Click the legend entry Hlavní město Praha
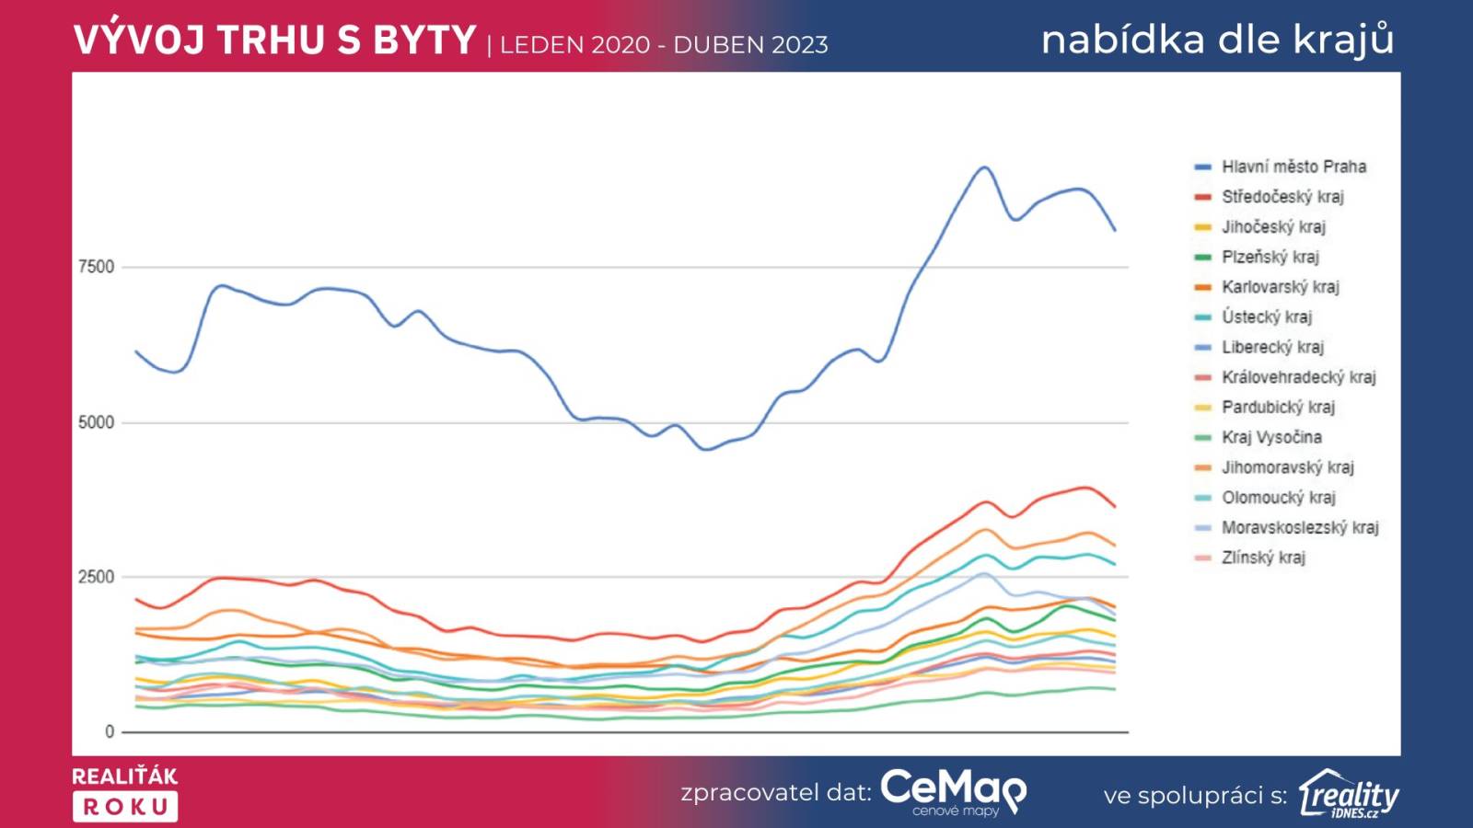click(1293, 167)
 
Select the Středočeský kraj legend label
click(1282, 197)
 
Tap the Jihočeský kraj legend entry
click(1273, 226)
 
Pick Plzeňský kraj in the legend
click(1270, 257)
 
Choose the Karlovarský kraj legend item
click(1280, 287)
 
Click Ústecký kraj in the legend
click(1267, 316)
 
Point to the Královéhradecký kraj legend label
click(1298, 377)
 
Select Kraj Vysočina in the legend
click(1271, 437)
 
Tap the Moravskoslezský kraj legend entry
click(1300, 527)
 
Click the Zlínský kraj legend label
click(1263, 558)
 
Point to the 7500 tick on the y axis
click(96, 267)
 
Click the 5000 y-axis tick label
click(96, 422)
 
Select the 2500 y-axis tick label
click(96, 577)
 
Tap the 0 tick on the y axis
click(110, 731)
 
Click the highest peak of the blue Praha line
click(984, 167)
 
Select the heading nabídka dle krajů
click(1217, 40)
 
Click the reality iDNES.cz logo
click(1349, 794)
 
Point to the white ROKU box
click(125, 807)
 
